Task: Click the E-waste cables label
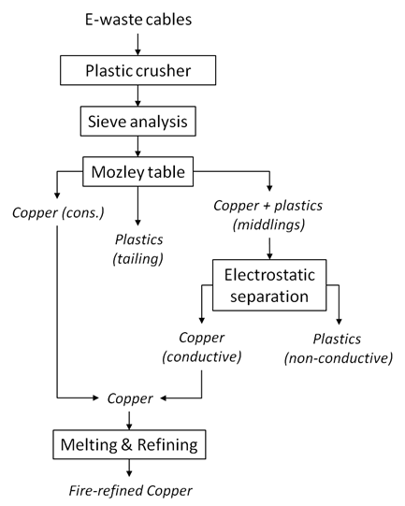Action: pyautogui.click(x=138, y=20)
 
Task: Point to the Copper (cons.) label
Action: pyautogui.click(x=58, y=213)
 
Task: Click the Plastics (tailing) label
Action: pyautogui.click(x=138, y=250)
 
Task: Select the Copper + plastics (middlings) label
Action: pyautogui.click(x=268, y=215)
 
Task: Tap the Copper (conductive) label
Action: pyautogui.click(x=202, y=347)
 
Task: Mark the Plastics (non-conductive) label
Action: pyautogui.click(x=339, y=349)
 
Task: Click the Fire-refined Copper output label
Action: pyautogui.click(x=130, y=491)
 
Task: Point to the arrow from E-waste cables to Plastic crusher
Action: pyautogui.click(x=137, y=44)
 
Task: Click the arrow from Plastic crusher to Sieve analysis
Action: pyautogui.click(x=137, y=95)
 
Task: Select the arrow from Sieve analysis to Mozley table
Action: pyautogui.click(x=137, y=147)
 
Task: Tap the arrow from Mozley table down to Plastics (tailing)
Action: pyautogui.click(x=137, y=206)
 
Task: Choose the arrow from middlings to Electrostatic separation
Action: pyautogui.click(x=269, y=249)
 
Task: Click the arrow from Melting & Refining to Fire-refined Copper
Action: pyautogui.click(x=129, y=468)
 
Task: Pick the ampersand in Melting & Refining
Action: pyautogui.click(x=127, y=444)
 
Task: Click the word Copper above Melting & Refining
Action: pyautogui.click(x=130, y=398)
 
